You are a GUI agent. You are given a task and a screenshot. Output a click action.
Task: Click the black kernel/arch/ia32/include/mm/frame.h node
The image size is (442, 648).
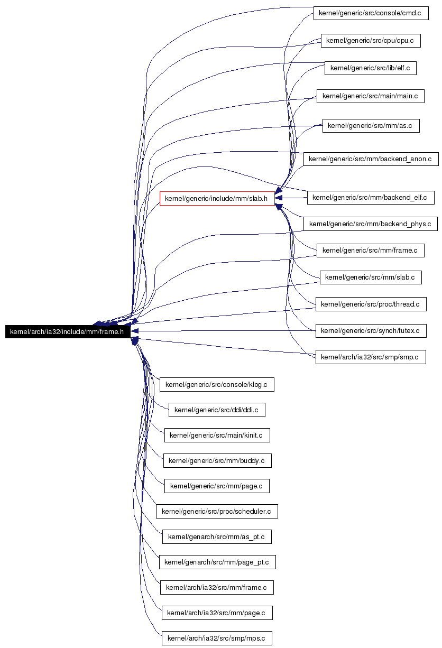pyautogui.click(x=68, y=331)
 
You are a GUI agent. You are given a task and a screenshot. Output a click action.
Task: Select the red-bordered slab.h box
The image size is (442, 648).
pyautogui.click(x=217, y=198)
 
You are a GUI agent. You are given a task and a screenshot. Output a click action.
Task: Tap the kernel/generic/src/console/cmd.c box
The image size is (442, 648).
pyautogui.click(x=371, y=13)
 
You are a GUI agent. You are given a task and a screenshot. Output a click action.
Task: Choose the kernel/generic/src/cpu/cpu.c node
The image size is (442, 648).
pyautogui.click(x=371, y=41)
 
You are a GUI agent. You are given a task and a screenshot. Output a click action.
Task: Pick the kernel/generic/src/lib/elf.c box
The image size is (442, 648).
pyautogui.click(x=371, y=68)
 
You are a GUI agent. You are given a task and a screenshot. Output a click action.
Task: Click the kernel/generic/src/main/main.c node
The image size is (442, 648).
pyautogui.click(x=371, y=96)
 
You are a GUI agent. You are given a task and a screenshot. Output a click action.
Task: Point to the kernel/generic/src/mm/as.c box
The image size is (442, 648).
pyautogui.click(x=371, y=126)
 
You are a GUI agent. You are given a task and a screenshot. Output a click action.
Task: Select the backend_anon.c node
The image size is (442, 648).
pyautogui.click(x=371, y=159)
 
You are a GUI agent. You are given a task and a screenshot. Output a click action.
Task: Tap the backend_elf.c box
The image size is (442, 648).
pyautogui.click(x=371, y=198)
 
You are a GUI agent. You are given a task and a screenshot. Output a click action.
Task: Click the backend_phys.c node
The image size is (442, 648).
pyautogui.click(x=370, y=224)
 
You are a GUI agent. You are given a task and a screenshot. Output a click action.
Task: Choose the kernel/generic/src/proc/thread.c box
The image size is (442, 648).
pyautogui.click(x=371, y=304)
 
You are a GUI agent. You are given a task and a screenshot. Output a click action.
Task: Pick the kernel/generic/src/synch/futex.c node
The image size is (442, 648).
pyautogui.click(x=371, y=331)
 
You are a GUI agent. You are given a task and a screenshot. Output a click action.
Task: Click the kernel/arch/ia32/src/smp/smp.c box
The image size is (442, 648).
pyautogui.click(x=371, y=357)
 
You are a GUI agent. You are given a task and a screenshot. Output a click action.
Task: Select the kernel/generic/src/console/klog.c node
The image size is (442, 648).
pyautogui.click(x=217, y=384)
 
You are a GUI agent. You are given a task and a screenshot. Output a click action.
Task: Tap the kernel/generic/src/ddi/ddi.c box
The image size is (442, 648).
pyautogui.click(x=217, y=410)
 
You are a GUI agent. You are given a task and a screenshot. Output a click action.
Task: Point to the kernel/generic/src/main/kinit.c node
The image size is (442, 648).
pyautogui.click(x=217, y=435)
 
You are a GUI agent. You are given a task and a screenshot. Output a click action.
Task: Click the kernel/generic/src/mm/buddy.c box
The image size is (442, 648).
pyautogui.click(x=217, y=460)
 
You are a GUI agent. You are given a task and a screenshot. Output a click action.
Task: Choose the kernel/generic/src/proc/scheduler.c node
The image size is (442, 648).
pyautogui.click(x=217, y=511)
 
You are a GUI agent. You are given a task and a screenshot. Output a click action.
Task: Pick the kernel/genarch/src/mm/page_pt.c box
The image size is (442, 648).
pyautogui.click(x=217, y=562)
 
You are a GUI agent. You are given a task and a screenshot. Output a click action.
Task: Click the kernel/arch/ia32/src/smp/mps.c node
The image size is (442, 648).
pyautogui.click(x=217, y=638)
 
